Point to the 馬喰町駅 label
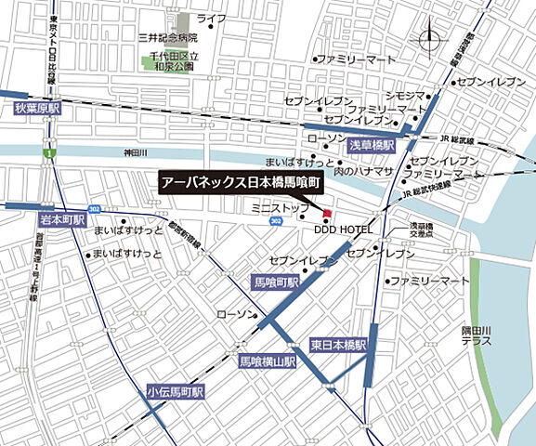pyautogui.click(x=276, y=282)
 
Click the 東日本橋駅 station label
pyautogui.click(x=339, y=345)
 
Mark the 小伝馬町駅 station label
pyautogui.click(x=174, y=393)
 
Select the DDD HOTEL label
pyautogui.click(x=343, y=229)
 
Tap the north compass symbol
pyautogui.click(x=431, y=41)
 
